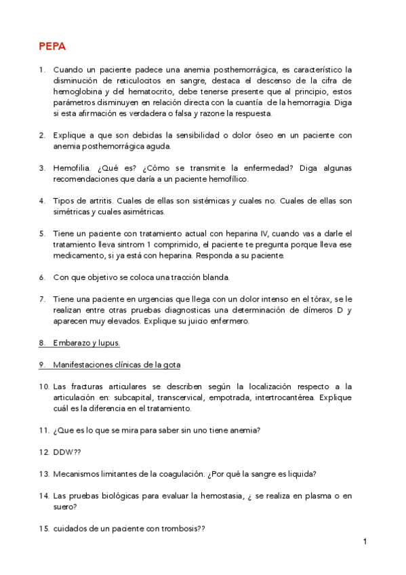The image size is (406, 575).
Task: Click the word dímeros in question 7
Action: tap(313, 310)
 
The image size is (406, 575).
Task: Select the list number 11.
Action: tap(43, 431)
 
